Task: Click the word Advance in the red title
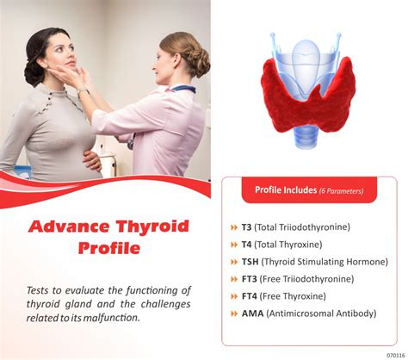click(69, 227)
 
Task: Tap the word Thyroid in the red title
click(152, 227)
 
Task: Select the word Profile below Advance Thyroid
click(109, 248)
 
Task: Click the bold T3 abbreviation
click(246, 227)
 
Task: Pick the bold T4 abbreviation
click(246, 245)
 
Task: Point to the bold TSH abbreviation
click(250, 262)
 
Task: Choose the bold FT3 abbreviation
click(249, 279)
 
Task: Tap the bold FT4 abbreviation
click(249, 296)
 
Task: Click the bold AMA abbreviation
click(252, 313)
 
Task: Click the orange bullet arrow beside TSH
click(234, 262)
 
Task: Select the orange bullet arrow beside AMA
click(234, 313)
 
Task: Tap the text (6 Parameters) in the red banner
click(341, 191)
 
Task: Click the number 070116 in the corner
click(396, 356)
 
